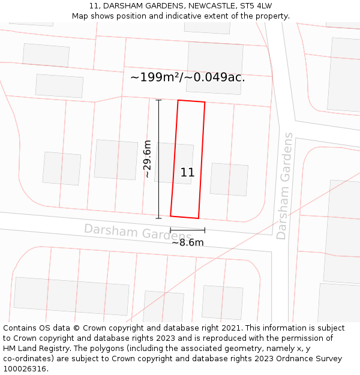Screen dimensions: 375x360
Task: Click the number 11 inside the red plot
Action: pos(187,173)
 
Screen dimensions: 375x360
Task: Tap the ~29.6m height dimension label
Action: pos(147,159)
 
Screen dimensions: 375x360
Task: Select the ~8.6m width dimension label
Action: pos(188,242)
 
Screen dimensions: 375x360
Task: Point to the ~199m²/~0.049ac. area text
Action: pos(187,77)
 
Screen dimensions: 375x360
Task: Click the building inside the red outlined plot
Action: pos(174,163)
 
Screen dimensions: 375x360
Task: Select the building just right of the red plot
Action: pos(229,179)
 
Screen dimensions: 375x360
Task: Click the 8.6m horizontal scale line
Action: pos(187,230)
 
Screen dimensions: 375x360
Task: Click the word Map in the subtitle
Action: pos(80,16)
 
